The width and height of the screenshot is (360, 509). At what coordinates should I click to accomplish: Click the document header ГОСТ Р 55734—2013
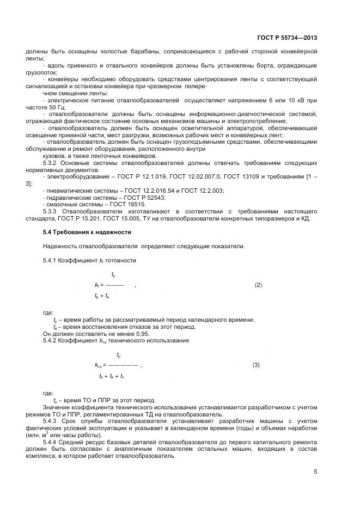(287, 38)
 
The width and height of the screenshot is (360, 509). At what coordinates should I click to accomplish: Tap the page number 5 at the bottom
(315, 472)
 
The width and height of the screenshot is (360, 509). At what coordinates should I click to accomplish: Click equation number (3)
(256, 365)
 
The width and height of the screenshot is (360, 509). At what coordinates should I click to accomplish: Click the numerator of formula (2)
(113, 274)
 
